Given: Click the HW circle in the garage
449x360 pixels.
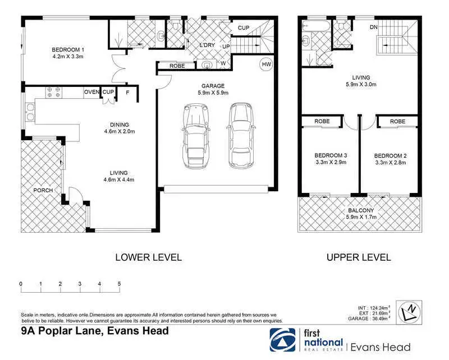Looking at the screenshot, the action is [266, 64].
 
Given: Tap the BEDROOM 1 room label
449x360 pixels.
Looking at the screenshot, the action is [68, 50].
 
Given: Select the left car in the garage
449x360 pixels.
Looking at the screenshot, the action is [196, 136].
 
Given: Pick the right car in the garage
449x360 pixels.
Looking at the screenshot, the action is [241, 136].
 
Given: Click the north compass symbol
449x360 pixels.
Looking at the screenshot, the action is [409, 312].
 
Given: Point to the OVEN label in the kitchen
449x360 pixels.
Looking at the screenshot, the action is [91, 92].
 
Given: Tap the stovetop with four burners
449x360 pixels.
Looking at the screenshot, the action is [53, 92].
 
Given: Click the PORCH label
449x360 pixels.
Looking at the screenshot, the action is [43, 190].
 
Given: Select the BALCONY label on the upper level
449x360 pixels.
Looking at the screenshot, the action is [361, 210].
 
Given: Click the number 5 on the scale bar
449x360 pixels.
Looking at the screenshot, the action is [119, 284].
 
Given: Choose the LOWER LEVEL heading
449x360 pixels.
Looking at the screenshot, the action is [148, 257].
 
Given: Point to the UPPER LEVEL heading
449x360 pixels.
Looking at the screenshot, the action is [359, 257].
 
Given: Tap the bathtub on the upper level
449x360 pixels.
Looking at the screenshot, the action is [317, 26].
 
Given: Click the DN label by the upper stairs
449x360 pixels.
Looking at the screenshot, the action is [374, 27].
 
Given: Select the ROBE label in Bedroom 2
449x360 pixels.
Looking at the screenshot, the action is [397, 122].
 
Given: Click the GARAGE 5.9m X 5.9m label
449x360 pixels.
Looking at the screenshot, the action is [213, 89].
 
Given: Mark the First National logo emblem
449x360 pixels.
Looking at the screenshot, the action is [282, 340].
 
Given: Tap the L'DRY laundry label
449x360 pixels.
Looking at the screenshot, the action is [207, 45].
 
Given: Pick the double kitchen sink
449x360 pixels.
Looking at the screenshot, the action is [30, 112].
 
